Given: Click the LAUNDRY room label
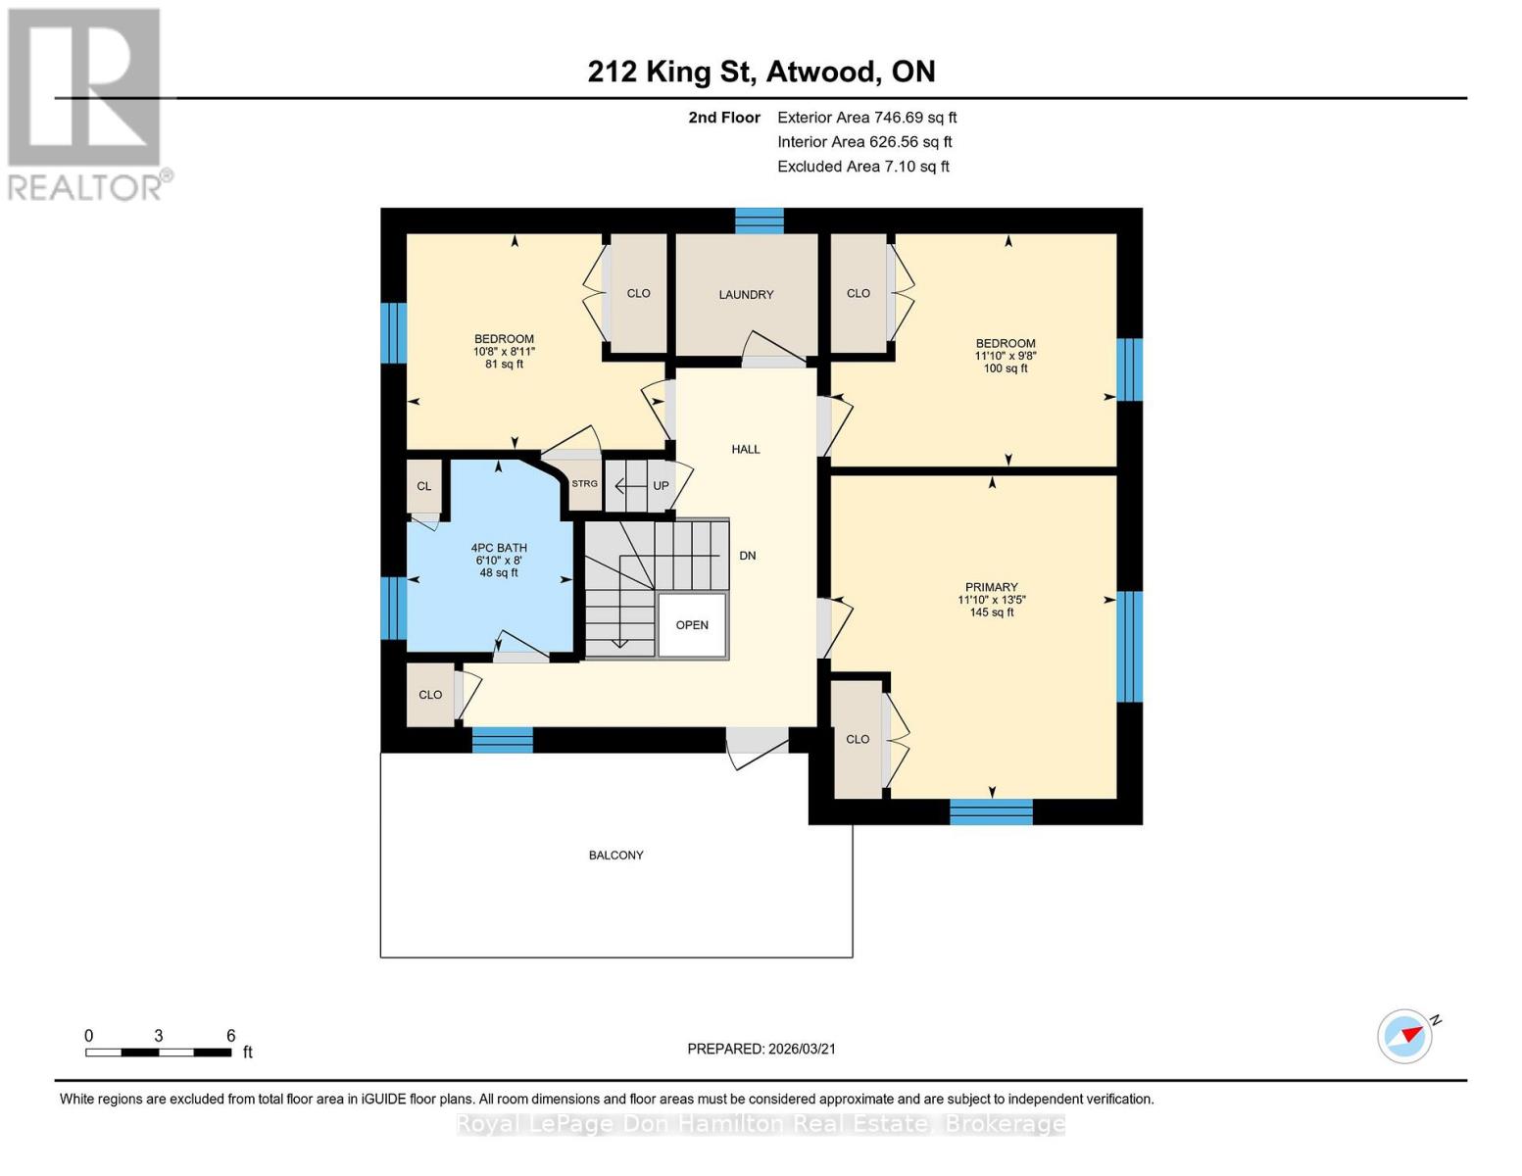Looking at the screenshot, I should (746, 294).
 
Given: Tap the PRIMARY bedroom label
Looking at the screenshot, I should (991, 587).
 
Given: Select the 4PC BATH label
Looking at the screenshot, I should (499, 548).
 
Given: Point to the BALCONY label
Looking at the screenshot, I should (615, 856).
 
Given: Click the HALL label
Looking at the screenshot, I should (746, 449).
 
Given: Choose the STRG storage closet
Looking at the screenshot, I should (585, 484).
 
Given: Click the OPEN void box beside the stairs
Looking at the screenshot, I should (692, 625).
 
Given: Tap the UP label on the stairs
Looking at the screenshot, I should (661, 486).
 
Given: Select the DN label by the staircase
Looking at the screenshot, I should (748, 556).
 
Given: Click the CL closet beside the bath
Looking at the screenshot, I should (424, 486).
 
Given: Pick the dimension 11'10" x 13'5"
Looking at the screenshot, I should (992, 600).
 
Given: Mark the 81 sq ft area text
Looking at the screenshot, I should (504, 365).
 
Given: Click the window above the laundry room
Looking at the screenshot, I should (760, 220).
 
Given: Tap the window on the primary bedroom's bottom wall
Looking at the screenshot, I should (991, 811).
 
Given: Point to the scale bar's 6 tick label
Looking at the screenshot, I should (231, 1036).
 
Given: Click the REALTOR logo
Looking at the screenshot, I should (86, 103).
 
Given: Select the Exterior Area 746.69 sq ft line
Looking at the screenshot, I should (866, 118).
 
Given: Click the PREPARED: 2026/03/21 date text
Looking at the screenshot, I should (761, 1049).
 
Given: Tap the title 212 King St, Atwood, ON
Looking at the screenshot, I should (761, 72).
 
